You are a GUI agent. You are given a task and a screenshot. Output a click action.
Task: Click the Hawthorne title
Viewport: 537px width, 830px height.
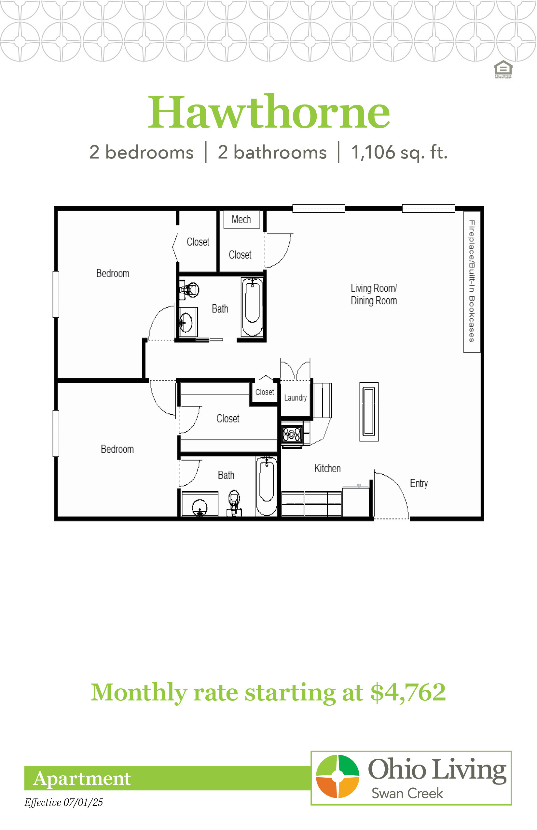point(269,112)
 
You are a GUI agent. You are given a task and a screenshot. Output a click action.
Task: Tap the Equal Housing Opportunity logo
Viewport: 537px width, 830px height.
point(503,69)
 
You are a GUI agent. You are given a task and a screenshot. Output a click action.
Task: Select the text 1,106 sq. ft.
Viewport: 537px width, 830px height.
point(399,152)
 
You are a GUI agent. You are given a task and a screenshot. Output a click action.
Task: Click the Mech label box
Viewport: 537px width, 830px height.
point(241,219)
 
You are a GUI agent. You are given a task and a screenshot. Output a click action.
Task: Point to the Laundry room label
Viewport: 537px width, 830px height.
point(296,397)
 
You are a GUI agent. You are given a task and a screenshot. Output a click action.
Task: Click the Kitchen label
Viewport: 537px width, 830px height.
point(327,468)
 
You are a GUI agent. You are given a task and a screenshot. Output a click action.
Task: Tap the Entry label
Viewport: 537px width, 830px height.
point(419,483)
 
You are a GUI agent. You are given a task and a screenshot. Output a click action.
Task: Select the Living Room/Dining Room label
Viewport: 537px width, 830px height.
point(374,294)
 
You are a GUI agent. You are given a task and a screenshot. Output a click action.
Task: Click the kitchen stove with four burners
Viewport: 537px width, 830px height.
point(292,434)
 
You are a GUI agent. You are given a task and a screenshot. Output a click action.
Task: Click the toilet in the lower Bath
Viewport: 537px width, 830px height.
point(234,503)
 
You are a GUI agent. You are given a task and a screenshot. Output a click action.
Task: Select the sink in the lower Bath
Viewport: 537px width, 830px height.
point(200,507)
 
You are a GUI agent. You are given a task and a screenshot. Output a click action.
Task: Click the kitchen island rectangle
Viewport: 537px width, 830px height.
point(369,412)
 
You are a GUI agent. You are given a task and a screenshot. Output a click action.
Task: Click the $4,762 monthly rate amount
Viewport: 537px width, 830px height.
point(408,693)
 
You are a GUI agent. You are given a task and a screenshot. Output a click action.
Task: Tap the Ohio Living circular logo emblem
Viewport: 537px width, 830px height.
point(337,776)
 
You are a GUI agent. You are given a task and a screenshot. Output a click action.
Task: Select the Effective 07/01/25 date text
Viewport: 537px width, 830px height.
point(63,802)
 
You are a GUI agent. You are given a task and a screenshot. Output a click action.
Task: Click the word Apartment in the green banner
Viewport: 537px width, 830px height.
point(82,778)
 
